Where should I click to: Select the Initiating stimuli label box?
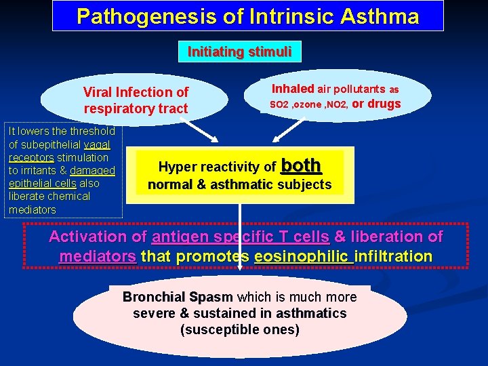(x=239, y=52)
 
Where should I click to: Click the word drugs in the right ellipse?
(x=384, y=104)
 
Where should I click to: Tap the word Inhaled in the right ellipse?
(x=293, y=89)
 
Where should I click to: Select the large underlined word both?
(x=300, y=165)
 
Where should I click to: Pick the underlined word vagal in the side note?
(x=98, y=144)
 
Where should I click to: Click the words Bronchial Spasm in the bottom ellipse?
(x=178, y=298)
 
